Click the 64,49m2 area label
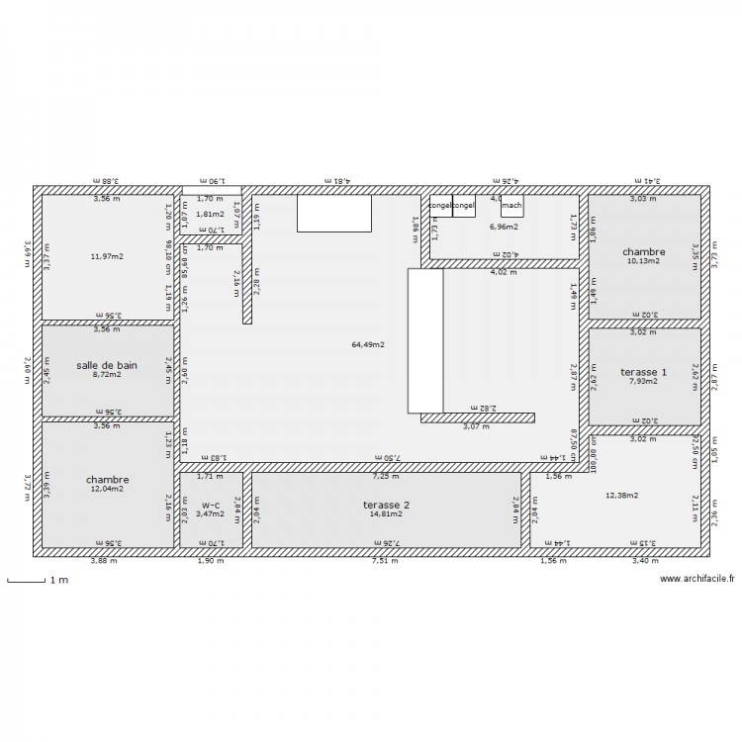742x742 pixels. click(368, 345)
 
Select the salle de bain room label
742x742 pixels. click(107, 365)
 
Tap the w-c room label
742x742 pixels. click(211, 504)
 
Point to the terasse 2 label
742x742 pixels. click(386, 504)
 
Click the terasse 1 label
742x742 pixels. click(643, 372)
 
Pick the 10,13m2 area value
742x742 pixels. click(643, 262)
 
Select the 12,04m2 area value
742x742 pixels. click(107, 489)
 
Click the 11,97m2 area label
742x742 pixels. click(107, 256)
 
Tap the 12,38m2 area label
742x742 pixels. click(623, 496)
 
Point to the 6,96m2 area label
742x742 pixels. click(504, 227)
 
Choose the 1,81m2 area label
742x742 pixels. click(210, 214)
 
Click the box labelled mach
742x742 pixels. click(511, 206)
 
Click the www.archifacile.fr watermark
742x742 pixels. click(696, 579)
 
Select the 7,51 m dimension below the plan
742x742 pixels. click(385, 561)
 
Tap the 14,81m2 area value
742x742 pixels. click(386, 513)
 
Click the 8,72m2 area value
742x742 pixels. click(107, 375)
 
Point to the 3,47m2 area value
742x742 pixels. click(211, 513)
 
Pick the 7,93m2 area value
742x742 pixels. click(643, 382)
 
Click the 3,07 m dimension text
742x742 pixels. click(477, 426)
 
